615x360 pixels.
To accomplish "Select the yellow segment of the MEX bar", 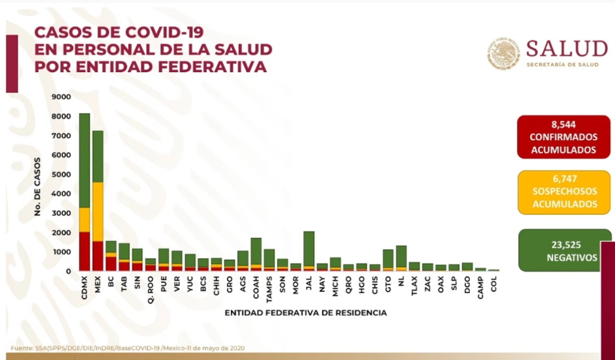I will (x=98, y=211).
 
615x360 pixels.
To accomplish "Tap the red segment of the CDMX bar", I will (x=84, y=251).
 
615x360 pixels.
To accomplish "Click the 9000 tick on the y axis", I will (x=61, y=97).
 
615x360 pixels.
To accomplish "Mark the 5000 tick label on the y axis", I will (x=61, y=174).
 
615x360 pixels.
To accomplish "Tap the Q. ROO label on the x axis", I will (x=151, y=286).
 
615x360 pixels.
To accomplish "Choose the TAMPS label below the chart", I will (x=269, y=288).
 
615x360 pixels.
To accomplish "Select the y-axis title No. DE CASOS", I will (x=37, y=186).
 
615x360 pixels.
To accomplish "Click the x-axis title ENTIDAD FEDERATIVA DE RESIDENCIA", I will (x=306, y=313).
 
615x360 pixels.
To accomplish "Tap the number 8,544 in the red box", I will (x=563, y=125).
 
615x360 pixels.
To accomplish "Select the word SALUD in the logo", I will (x=567, y=49).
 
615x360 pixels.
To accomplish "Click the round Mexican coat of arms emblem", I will (x=503, y=53).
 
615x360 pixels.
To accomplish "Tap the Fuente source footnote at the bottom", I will (x=128, y=348).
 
